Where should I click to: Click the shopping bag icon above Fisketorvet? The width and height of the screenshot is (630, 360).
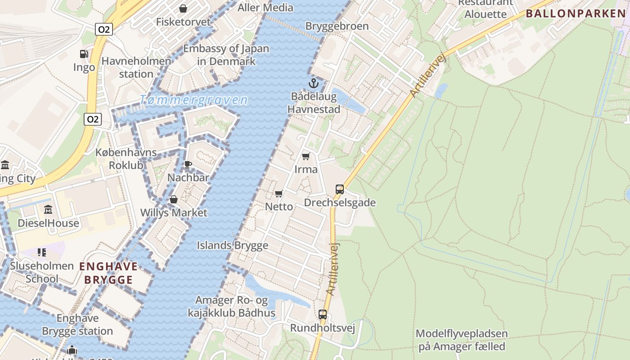[x=183, y=9]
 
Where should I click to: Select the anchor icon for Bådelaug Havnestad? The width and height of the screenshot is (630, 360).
[x=313, y=83]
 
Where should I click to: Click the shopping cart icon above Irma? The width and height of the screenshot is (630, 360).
[x=306, y=156]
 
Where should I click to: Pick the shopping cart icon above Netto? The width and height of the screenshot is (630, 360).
[x=279, y=193]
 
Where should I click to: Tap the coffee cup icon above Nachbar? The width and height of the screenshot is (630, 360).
[x=188, y=164]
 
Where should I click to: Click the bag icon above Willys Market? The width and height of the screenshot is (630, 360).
[x=174, y=199]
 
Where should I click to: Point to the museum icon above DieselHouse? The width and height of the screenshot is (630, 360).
[x=48, y=210]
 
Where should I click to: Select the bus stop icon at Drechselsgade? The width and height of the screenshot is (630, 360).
[x=340, y=189]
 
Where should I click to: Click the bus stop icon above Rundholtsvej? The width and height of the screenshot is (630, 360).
[x=323, y=315]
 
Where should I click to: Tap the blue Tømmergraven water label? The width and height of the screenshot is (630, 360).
[x=193, y=100]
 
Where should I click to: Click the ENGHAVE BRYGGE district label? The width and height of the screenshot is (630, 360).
[x=108, y=273]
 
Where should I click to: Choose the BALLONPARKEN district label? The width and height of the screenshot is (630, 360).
[x=576, y=13]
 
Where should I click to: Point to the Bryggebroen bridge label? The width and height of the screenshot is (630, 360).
[x=337, y=26]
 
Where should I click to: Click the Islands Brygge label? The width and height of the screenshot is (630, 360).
[x=232, y=245]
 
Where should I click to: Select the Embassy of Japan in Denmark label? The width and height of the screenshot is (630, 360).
[x=226, y=55]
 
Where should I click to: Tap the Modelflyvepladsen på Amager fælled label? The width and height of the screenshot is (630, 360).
[x=462, y=340]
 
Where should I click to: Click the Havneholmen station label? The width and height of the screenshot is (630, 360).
[x=136, y=67]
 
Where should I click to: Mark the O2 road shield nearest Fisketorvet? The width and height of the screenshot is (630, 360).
[x=104, y=30]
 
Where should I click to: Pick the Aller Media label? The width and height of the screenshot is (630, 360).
[x=265, y=8]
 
